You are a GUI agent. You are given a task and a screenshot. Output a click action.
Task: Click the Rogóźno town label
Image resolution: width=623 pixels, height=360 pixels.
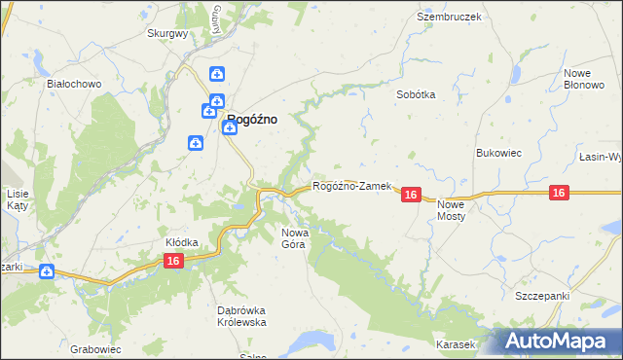(251, 120)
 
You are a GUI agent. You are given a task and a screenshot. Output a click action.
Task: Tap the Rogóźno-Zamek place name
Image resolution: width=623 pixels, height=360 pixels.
(351, 186)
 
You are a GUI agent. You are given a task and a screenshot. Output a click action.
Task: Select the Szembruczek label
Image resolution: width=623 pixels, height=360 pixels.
(449, 17)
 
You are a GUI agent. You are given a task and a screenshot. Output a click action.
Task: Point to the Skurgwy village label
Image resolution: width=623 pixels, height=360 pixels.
(166, 32)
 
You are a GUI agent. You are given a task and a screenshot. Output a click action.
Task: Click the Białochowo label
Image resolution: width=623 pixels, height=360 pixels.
(75, 84)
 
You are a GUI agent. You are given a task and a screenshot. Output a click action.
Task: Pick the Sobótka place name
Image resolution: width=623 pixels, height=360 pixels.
(416, 94)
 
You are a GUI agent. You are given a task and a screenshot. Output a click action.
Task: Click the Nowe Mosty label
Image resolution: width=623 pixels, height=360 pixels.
(452, 210)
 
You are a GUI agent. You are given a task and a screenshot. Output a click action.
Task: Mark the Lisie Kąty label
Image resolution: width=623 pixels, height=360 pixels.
(17, 199)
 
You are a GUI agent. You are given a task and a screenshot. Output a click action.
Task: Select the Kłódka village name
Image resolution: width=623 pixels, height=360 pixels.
(182, 242)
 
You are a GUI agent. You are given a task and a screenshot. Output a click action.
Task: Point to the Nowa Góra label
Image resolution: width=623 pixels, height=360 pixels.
(294, 238)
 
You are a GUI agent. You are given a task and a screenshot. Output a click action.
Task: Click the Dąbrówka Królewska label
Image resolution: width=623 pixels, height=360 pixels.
(240, 316)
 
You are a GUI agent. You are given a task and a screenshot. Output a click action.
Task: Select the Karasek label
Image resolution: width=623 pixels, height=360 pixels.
(456, 344)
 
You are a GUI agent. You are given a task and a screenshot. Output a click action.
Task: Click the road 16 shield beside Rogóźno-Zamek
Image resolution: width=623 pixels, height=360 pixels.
(410, 196)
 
